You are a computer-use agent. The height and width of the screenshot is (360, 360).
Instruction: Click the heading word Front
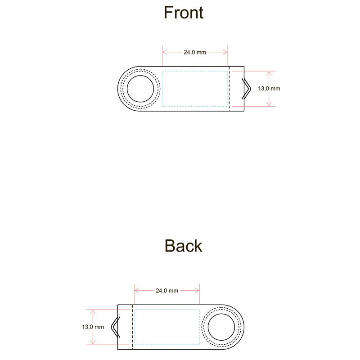point(183,12)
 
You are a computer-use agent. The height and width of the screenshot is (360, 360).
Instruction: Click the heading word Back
point(183,246)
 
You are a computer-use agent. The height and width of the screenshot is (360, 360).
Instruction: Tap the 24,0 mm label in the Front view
point(194,52)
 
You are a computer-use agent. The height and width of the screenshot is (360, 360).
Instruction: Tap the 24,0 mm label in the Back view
point(167,291)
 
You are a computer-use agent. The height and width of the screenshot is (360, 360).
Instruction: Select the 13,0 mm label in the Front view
point(269,89)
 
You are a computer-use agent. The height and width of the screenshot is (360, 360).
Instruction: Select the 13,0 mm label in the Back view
point(93,327)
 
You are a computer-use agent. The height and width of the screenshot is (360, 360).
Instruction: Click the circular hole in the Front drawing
point(140,89)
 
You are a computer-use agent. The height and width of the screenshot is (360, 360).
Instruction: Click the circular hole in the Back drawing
point(221,327)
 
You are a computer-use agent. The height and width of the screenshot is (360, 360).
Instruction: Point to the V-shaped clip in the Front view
point(247,89)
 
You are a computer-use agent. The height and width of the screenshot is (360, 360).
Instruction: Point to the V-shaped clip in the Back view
point(115,327)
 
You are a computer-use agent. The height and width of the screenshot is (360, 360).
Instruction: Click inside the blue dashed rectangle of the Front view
point(194,89)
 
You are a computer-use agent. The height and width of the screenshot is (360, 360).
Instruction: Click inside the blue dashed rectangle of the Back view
point(167,327)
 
